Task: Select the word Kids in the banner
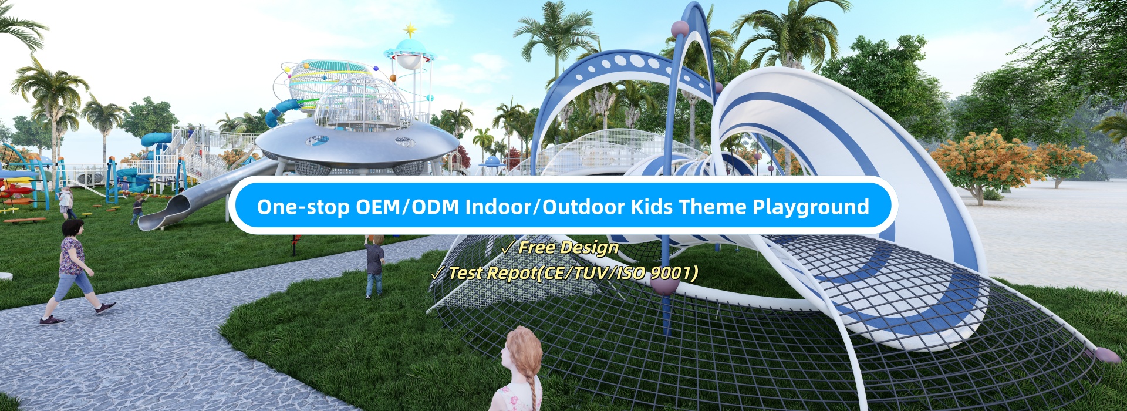click(652, 207)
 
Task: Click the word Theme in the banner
click(712, 207)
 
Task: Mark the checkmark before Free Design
click(507, 248)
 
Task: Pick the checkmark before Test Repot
click(437, 273)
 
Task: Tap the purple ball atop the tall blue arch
click(679, 28)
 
